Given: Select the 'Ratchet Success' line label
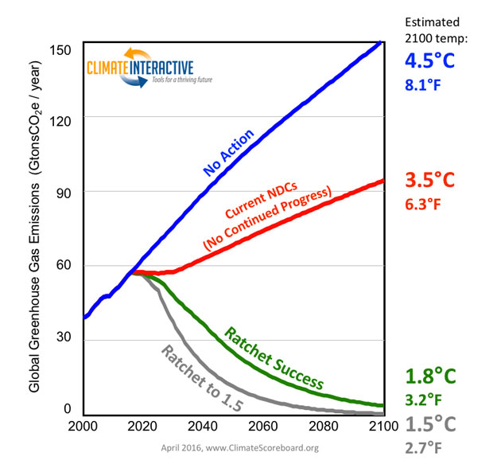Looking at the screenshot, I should coord(275,357).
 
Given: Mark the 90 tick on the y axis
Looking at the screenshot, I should coord(65,192).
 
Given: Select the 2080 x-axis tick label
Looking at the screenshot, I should coord(324,425).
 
